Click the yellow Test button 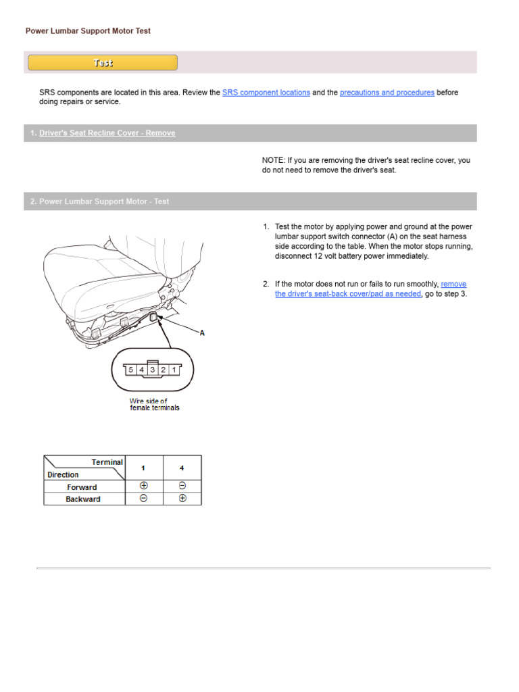pyautogui.click(x=103, y=63)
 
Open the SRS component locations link pyautogui.click(x=266, y=93)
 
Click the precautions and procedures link pyautogui.click(x=387, y=93)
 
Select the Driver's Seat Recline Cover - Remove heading pyautogui.click(x=107, y=133)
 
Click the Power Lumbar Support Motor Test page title pyautogui.click(x=88, y=31)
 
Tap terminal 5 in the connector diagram pyautogui.click(x=130, y=370)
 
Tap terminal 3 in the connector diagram pyautogui.click(x=152, y=370)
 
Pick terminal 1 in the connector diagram pyautogui.click(x=174, y=370)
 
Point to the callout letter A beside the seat pyautogui.click(x=201, y=333)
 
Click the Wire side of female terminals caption pyautogui.click(x=154, y=405)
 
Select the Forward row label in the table pyautogui.click(x=82, y=487)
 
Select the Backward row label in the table pyautogui.click(x=83, y=499)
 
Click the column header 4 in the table pyautogui.click(x=182, y=468)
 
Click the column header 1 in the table pyautogui.click(x=143, y=468)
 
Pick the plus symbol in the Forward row pyautogui.click(x=143, y=487)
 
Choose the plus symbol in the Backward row pyautogui.click(x=182, y=499)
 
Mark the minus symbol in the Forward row pyautogui.click(x=182, y=487)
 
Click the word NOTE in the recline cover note pyautogui.click(x=273, y=161)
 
